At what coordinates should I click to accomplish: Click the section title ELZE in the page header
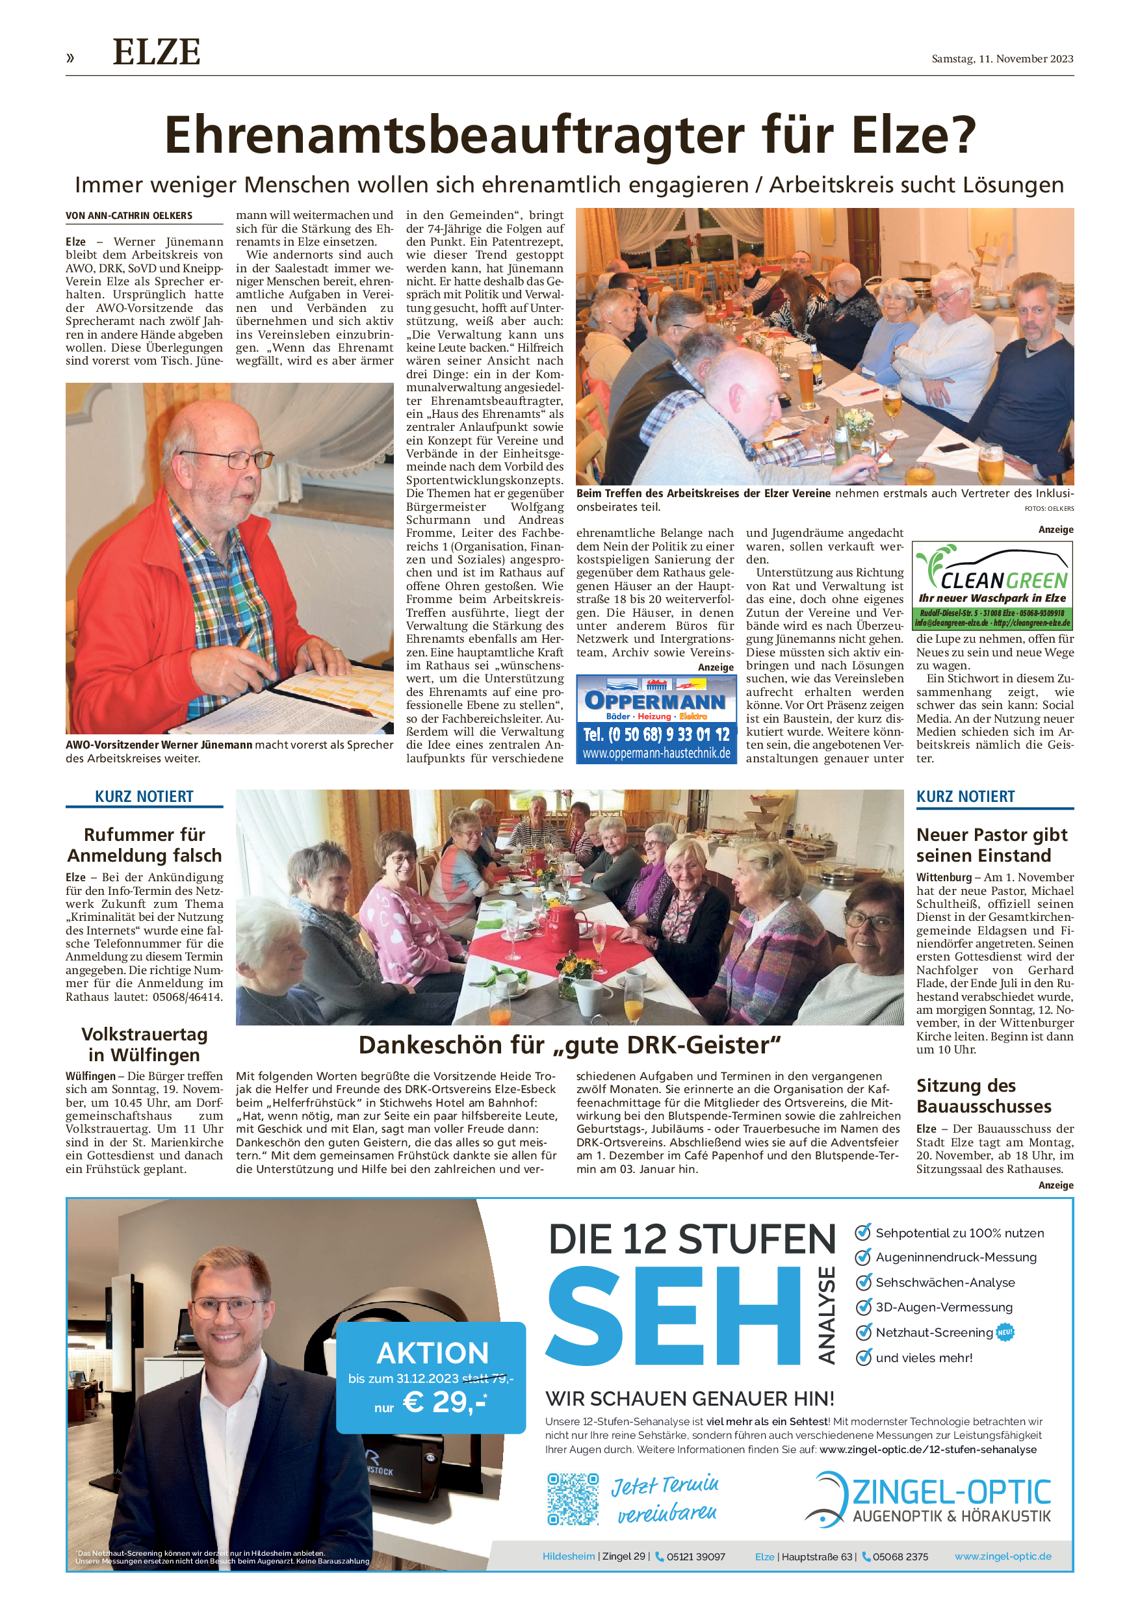tap(157, 53)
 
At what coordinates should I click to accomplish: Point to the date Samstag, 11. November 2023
tap(1002, 59)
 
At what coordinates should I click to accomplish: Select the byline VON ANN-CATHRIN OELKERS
tap(129, 216)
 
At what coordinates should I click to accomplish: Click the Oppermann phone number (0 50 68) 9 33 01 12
tap(656, 734)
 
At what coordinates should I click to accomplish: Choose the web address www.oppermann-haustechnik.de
tap(656, 753)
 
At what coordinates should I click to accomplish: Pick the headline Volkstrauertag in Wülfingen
tap(144, 1044)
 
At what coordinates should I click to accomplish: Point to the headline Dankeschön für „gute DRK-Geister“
tap(569, 1044)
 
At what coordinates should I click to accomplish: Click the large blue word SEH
tap(673, 1315)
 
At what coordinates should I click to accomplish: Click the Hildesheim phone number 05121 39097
tap(695, 1556)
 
